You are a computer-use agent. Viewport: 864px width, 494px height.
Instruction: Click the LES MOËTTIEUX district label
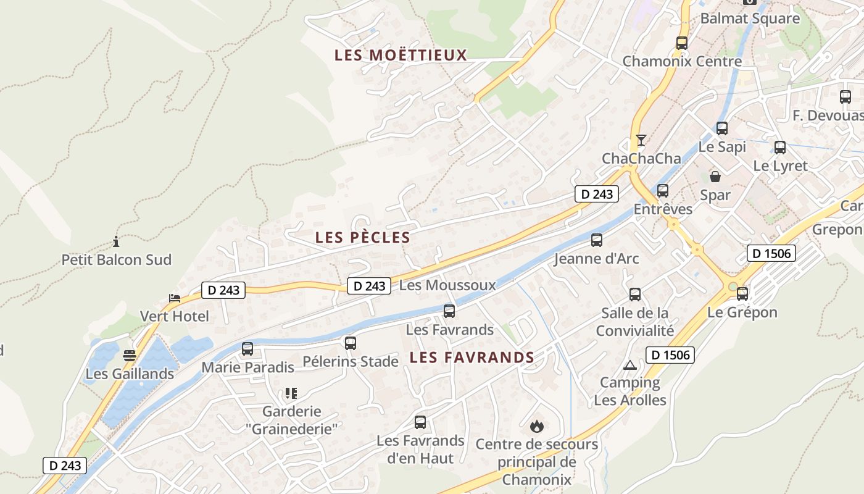[401, 55]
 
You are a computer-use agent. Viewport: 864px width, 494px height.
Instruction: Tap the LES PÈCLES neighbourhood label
[362, 237]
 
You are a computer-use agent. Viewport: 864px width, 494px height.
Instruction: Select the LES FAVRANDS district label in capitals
[472, 357]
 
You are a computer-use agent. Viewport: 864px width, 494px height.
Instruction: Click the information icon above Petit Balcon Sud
[115, 241]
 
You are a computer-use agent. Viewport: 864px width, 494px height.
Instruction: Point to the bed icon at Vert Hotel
[175, 298]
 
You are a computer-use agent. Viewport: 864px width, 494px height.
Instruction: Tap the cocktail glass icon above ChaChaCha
[641, 140]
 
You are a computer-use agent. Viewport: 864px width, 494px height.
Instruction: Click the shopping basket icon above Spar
[715, 177]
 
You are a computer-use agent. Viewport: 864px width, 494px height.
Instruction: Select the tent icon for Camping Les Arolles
[629, 365]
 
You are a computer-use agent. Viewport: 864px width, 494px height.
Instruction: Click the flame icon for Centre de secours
[536, 425]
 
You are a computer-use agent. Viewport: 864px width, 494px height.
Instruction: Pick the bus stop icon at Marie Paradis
[247, 349]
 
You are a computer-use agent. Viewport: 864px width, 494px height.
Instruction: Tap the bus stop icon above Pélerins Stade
[351, 343]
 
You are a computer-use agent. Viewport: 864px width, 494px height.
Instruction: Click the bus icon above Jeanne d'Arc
[596, 240]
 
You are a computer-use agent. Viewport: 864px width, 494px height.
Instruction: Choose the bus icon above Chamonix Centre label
[681, 43]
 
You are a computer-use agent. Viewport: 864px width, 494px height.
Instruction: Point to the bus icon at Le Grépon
[742, 294]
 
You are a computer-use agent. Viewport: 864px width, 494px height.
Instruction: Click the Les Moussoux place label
[447, 285]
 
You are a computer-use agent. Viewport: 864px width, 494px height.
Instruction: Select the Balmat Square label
[750, 19]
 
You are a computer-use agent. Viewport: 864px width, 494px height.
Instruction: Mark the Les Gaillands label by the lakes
[130, 374]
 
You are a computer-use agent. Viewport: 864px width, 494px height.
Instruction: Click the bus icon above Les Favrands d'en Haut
[420, 422]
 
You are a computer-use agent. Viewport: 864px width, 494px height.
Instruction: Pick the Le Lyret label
[780, 165]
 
